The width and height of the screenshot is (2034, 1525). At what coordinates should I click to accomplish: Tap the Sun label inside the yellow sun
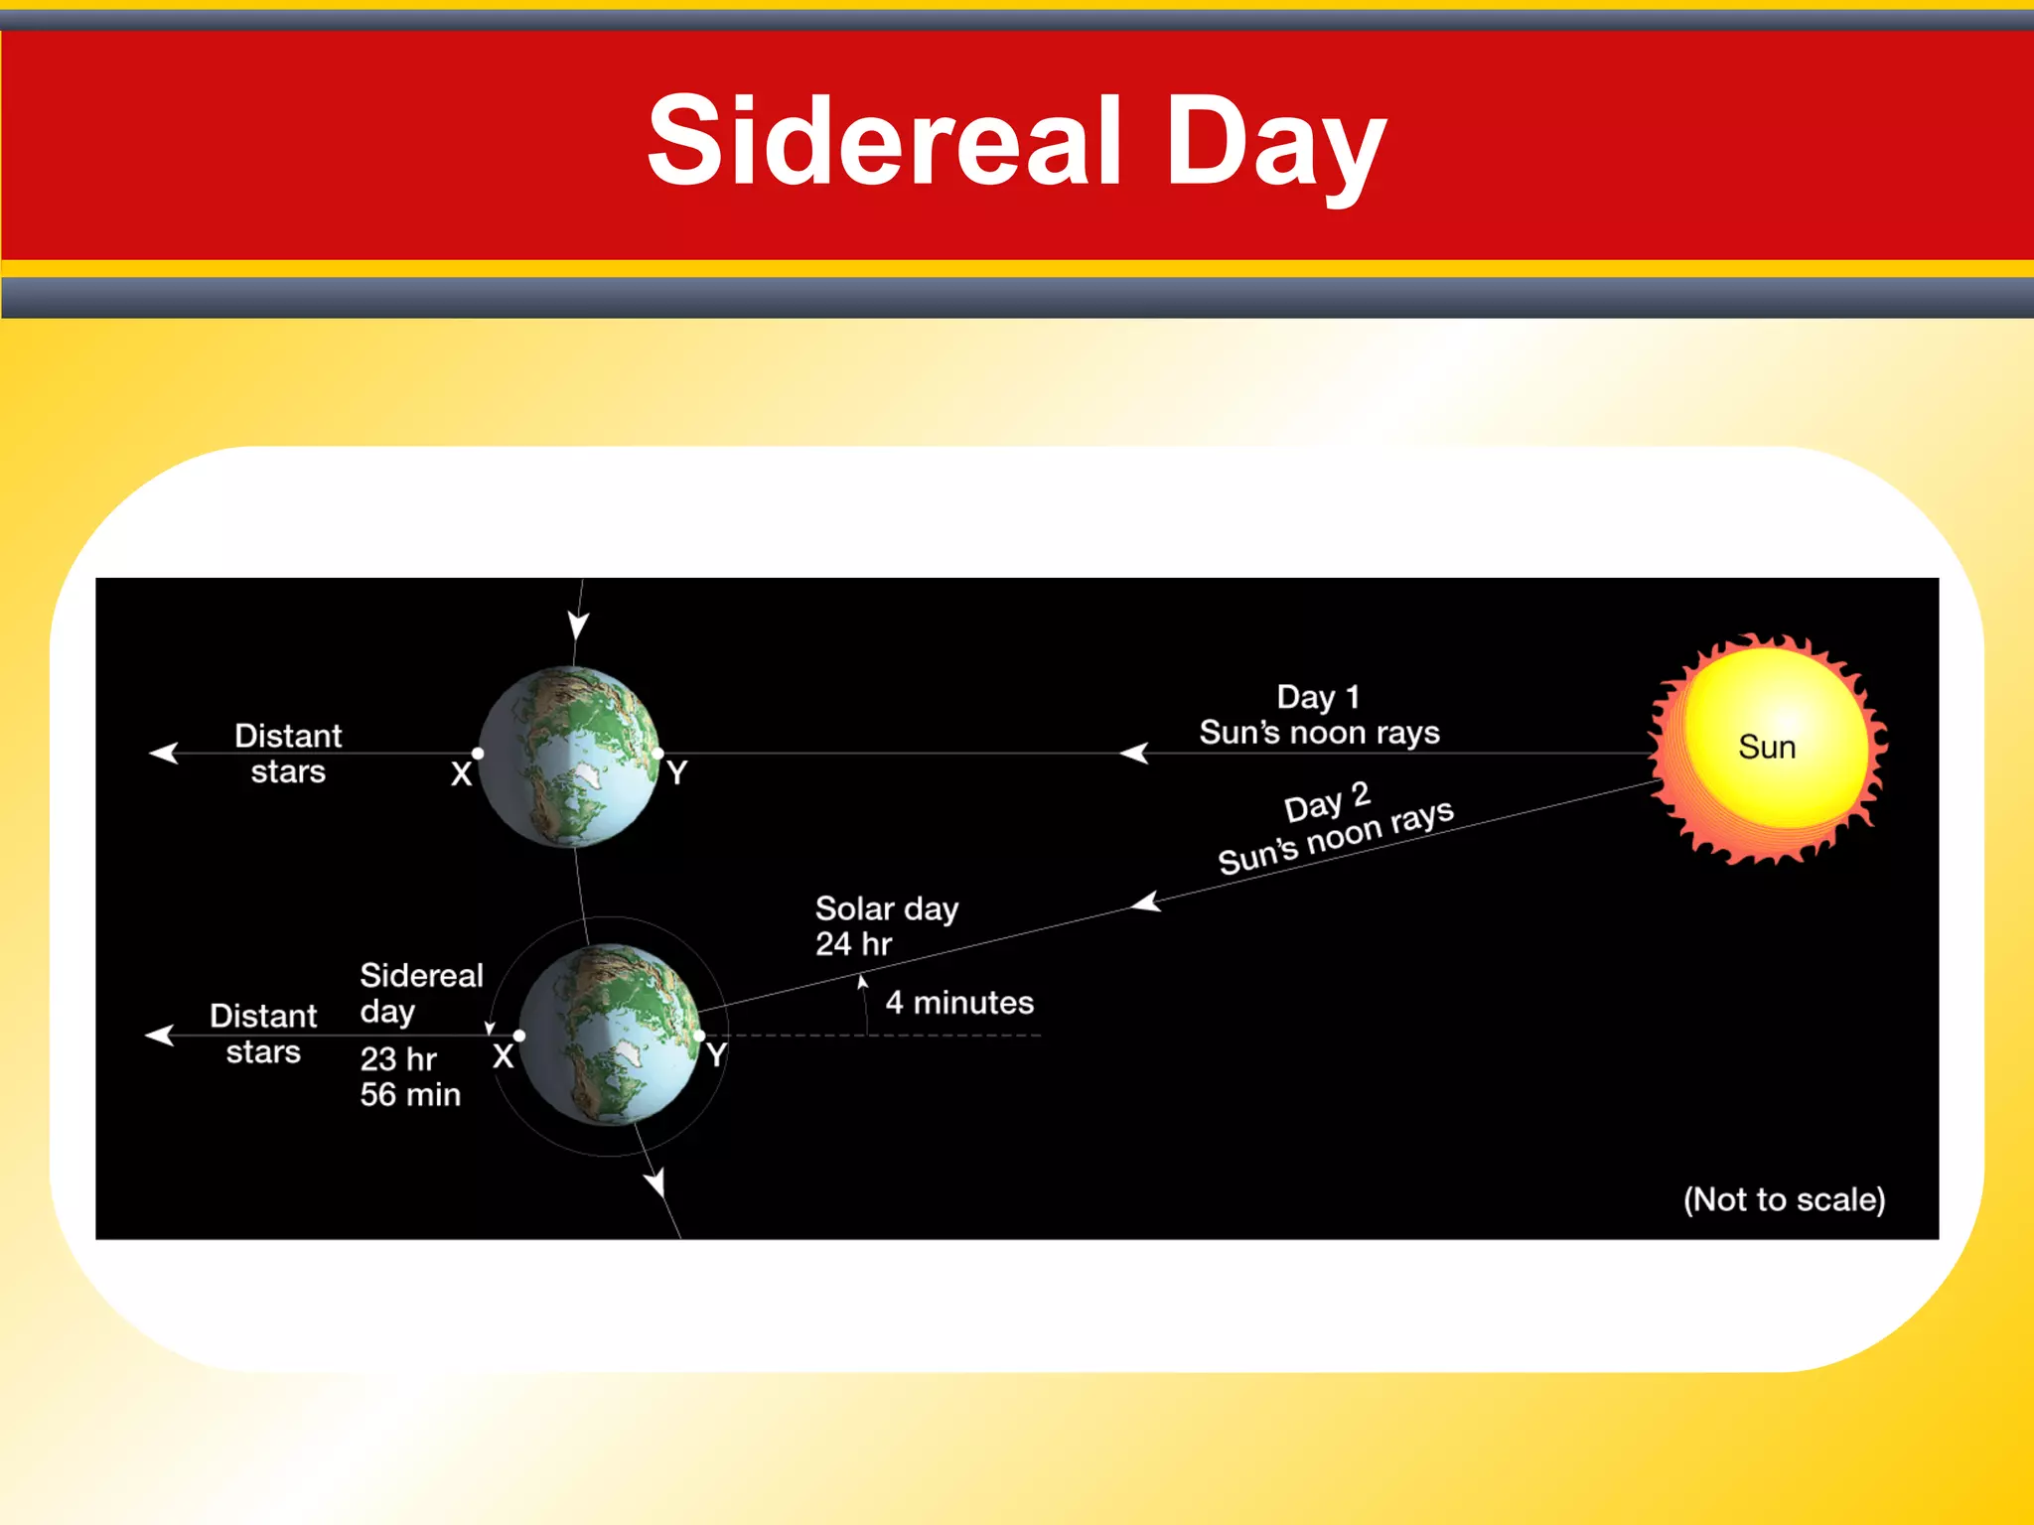[1767, 747]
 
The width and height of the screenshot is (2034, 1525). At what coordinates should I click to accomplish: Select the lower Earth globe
[610, 1035]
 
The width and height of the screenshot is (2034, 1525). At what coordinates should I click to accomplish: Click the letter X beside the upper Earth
[461, 773]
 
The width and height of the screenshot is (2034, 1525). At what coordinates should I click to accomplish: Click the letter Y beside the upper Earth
[676, 772]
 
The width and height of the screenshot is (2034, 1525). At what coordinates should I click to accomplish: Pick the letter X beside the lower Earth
[503, 1055]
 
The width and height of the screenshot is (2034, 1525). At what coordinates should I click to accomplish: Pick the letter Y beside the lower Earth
[716, 1054]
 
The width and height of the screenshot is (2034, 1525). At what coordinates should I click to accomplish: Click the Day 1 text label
[1318, 696]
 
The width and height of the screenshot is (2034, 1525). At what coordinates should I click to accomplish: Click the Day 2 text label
[1327, 802]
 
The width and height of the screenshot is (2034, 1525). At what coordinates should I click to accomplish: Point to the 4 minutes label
[959, 1003]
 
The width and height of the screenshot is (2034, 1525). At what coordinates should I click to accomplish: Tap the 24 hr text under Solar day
[853, 944]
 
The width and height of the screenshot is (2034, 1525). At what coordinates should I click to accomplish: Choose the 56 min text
[410, 1095]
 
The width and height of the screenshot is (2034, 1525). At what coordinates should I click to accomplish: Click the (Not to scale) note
[1784, 1199]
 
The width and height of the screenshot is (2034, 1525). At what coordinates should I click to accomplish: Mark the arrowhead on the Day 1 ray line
[1133, 754]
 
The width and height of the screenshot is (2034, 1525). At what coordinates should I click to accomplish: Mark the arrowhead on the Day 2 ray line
[1146, 901]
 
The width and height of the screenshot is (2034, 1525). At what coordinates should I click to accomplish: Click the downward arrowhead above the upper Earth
[578, 625]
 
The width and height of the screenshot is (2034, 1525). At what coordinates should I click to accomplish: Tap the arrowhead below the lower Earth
[655, 1181]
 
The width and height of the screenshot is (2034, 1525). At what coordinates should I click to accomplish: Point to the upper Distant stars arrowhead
[162, 754]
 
